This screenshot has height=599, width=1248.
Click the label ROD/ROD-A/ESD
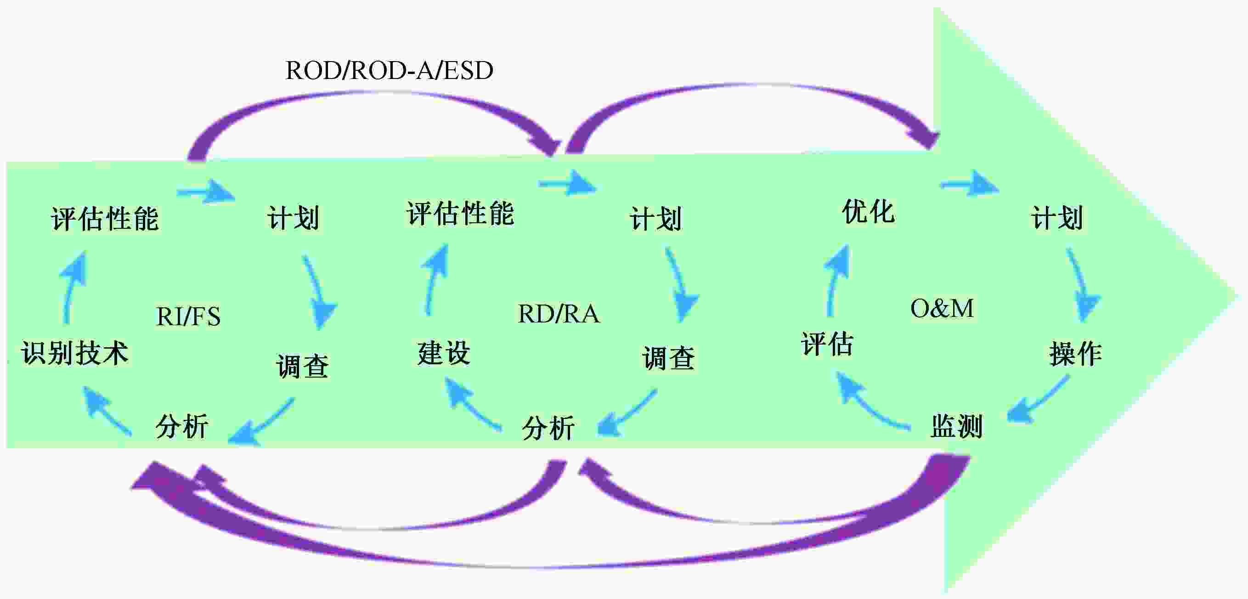tap(390, 71)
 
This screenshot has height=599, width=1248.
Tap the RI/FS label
tap(188, 316)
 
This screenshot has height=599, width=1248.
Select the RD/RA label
tap(559, 314)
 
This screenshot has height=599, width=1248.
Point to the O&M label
tap(942, 308)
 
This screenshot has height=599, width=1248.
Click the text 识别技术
tap(74, 352)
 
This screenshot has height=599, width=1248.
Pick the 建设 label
tap(444, 352)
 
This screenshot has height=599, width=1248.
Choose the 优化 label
tap(868, 212)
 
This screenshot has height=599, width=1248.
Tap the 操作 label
tap(1076, 353)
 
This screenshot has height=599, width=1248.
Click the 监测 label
tap(956, 426)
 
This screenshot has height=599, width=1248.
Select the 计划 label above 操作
tap(1056, 218)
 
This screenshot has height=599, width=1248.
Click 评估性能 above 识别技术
tap(105, 219)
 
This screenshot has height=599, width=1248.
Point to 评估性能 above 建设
tap(460, 213)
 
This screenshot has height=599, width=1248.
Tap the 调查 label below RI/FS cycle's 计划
tap(303, 366)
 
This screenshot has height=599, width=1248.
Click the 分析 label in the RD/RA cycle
tap(548, 428)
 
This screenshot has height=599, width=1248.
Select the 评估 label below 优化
tap(826, 344)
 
